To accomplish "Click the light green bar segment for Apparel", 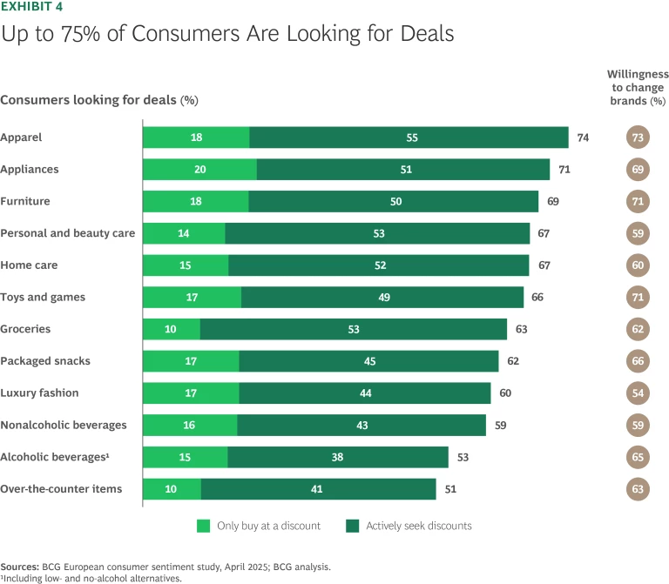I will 196,138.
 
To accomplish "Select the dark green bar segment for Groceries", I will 353,329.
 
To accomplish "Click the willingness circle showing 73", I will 639,138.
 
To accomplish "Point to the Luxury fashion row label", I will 39,393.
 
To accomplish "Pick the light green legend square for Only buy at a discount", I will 204,526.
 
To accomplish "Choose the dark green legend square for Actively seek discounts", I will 353,526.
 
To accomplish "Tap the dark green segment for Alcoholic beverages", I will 338,457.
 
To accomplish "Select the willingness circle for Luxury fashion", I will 639,393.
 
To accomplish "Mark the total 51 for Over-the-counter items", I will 451,489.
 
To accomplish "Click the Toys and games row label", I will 43,297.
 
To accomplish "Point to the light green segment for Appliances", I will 199,170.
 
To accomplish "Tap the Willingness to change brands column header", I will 639,88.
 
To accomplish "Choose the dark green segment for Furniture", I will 393,201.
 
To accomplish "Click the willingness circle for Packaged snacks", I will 639,361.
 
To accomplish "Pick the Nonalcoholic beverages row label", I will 64,425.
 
